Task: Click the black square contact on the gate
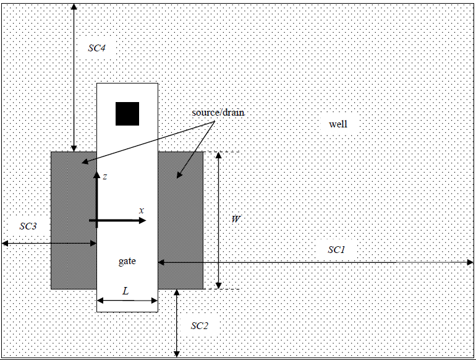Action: point(127,113)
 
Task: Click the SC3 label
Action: point(28,226)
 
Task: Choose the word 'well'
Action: point(338,124)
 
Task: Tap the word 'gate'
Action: point(127,262)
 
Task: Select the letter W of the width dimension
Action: point(236,220)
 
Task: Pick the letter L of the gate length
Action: point(125,289)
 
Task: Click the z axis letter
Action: point(105,177)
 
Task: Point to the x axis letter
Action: point(142,210)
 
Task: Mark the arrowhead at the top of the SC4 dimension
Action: point(74,6)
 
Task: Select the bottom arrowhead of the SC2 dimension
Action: point(177,354)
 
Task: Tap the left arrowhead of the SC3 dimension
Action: point(5,243)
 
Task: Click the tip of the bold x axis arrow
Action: point(145,220)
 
